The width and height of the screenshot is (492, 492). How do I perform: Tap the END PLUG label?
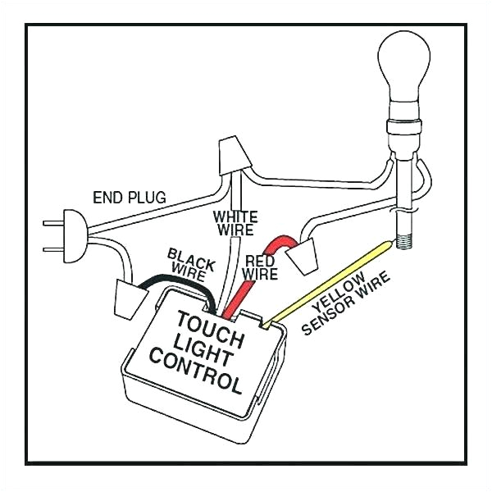pyautogui.click(x=129, y=197)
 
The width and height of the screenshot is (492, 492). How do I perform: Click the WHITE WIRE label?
pyautogui.click(x=235, y=222)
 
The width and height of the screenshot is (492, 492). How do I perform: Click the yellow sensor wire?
pyautogui.click(x=328, y=277)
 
